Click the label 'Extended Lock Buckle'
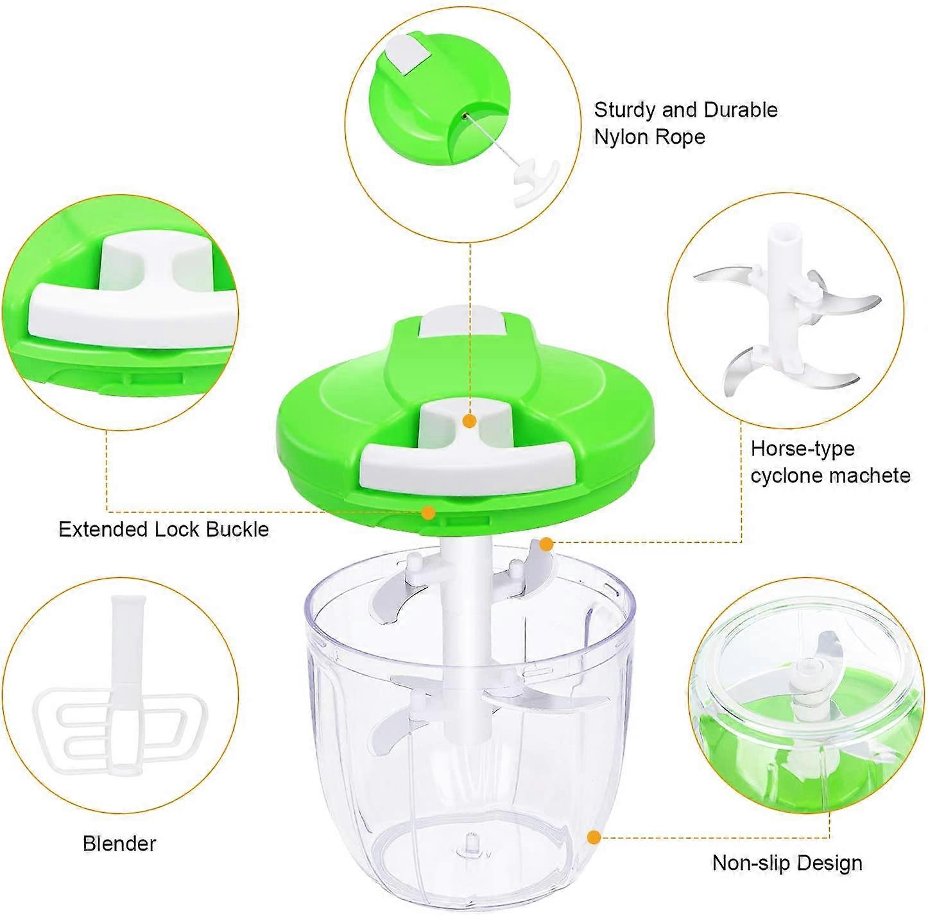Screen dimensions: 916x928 164,530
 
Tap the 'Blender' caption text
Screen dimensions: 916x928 119,843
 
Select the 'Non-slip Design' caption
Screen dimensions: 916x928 787,863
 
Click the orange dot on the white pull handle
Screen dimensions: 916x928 470,421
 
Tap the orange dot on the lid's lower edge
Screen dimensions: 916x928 428,513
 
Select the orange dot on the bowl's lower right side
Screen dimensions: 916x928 594,837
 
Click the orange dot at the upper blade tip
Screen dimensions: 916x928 546,545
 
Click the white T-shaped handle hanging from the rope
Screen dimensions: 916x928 533,182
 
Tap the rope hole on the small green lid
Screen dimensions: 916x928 463,115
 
